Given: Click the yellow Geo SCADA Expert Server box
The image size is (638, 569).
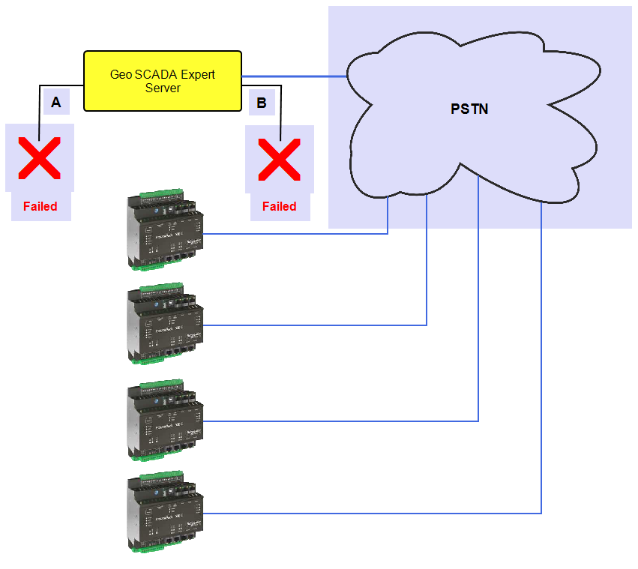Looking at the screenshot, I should coord(163,81).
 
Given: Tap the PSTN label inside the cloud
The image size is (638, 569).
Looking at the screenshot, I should coord(469,109).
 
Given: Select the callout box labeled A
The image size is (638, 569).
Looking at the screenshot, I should coord(56,103).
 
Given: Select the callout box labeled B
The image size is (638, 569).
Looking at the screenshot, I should coord(262,103).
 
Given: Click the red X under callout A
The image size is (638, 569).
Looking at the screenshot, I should coord(40,158).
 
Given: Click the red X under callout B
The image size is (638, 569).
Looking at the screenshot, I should coord(279,159).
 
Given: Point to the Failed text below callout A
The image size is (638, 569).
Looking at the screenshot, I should coord(40,206).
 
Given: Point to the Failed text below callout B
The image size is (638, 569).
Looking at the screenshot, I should coord(279,206).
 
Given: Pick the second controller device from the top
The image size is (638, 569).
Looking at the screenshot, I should coord(165,324).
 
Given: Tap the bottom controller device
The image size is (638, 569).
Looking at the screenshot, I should coord(165,514).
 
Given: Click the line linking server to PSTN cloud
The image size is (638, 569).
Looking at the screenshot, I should coord(292,76).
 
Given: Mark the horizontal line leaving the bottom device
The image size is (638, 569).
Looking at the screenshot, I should coord(375,514).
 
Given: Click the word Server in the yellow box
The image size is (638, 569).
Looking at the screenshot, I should coord(163,88).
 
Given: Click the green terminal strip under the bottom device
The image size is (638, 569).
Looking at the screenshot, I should coord(156,549).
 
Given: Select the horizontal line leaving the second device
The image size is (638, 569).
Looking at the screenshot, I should coord(315,325).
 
